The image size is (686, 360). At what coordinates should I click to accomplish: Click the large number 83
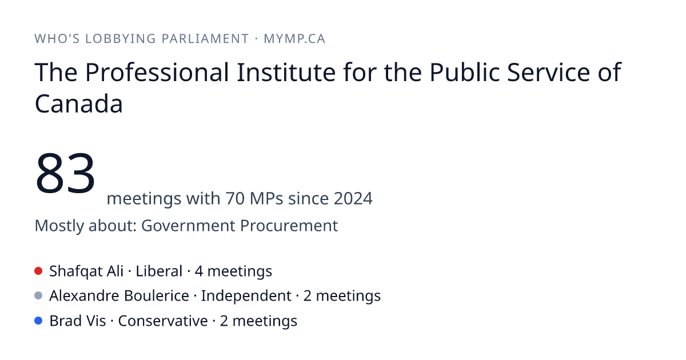(x=65, y=173)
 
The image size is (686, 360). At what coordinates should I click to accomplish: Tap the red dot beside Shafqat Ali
(x=38, y=271)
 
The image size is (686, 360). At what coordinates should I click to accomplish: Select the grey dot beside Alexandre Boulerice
(x=38, y=296)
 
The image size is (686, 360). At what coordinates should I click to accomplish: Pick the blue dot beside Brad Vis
(x=38, y=321)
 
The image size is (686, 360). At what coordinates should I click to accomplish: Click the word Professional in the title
(x=157, y=72)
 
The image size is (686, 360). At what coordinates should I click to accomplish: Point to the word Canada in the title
(x=79, y=104)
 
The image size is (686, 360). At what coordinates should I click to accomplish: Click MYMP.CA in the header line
(x=294, y=39)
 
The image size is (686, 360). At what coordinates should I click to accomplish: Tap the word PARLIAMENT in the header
(x=205, y=39)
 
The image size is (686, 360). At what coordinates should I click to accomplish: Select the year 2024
(x=353, y=198)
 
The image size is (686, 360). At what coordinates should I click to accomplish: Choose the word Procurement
(x=289, y=226)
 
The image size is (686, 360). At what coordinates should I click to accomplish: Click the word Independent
(x=246, y=296)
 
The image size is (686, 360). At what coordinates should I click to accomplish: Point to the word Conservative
(x=163, y=321)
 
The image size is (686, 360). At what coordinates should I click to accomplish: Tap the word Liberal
(x=159, y=271)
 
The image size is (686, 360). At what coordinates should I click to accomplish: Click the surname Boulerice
(x=157, y=296)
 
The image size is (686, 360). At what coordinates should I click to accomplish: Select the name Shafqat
(x=76, y=271)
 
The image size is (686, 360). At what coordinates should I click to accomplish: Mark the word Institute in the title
(x=286, y=72)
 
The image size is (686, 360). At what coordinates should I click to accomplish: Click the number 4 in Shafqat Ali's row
(x=199, y=271)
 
